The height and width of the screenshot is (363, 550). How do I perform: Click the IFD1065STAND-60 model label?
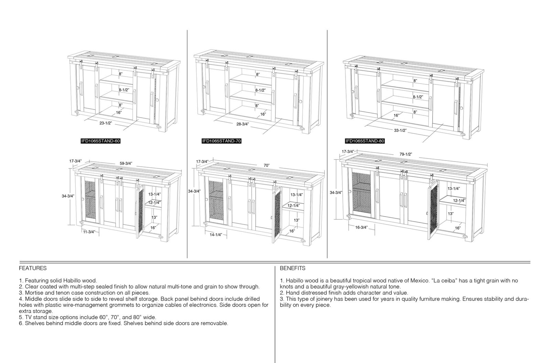[x=101, y=141]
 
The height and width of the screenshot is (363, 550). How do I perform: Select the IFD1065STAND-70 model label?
[x=221, y=141]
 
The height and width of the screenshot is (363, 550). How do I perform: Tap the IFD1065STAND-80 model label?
[x=365, y=141]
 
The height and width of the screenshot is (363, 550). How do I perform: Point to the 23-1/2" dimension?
[x=106, y=123]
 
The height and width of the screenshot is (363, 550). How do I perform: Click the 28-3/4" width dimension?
[x=243, y=124]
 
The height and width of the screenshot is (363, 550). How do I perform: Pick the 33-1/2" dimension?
[x=400, y=130]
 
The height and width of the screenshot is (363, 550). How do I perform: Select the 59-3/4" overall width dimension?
[x=126, y=163]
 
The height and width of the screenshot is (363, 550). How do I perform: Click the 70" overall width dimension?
[x=267, y=166]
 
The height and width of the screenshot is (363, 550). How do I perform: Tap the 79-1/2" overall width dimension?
[x=406, y=154]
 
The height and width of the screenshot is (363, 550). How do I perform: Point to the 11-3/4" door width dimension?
[x=89, y=232]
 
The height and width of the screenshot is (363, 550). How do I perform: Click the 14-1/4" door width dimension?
[x=216, y=235]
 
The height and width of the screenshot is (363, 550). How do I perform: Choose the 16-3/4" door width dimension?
[x=361, y=227]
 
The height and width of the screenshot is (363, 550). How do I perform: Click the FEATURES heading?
[x=33, y=268]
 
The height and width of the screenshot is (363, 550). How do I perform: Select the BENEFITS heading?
[x=293, y=268]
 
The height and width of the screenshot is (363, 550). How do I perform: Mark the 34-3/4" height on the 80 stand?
[x=335, y=193]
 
